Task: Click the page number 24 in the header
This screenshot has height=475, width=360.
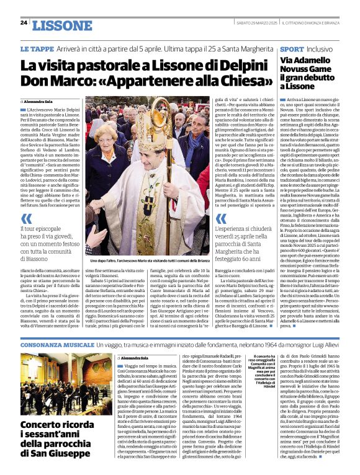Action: (x=24, y=23)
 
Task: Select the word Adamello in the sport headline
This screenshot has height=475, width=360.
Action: (x=310, y=63)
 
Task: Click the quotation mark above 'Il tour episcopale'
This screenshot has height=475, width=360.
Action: (x=27, y=220)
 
